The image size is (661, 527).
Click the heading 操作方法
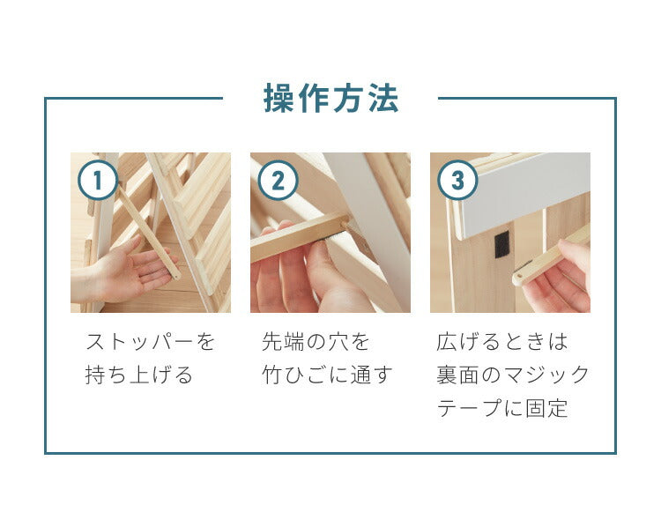click(330, 99)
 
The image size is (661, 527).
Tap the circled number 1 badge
click(98, 181)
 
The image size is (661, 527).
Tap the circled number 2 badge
click(278, 181)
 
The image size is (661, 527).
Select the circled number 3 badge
click(457, 181)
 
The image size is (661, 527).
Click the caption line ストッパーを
click(150, 341)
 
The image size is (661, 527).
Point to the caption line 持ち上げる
click(138, 375)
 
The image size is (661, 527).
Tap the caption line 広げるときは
click(503, 341)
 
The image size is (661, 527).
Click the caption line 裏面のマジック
click(514, 375)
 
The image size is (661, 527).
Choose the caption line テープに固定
click(503, 408)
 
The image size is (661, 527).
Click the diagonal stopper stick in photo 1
click(145, 225)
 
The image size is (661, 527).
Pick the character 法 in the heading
click(384, 99)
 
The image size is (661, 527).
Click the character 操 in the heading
click(278, 99)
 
